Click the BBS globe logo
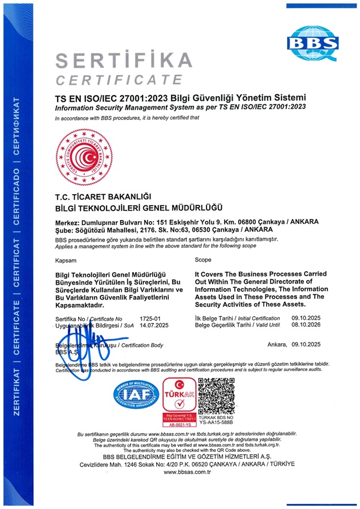[312, 41]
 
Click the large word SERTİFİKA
[124, 60]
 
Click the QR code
[216, 395]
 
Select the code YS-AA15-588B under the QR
[217, 422]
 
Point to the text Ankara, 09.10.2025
[294, 344]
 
